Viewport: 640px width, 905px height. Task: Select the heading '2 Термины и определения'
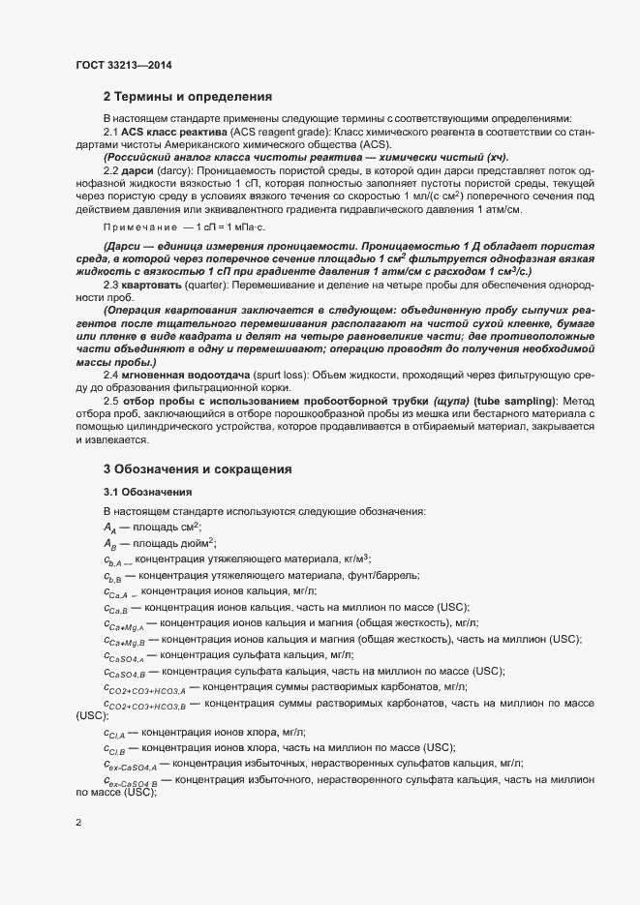tap(187, 97)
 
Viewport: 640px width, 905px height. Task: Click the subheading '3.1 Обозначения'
tap(147, 492)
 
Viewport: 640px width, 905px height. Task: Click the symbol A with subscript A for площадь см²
tap(109, 527)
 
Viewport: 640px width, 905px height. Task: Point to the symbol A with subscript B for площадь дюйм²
tap(109, 544)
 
